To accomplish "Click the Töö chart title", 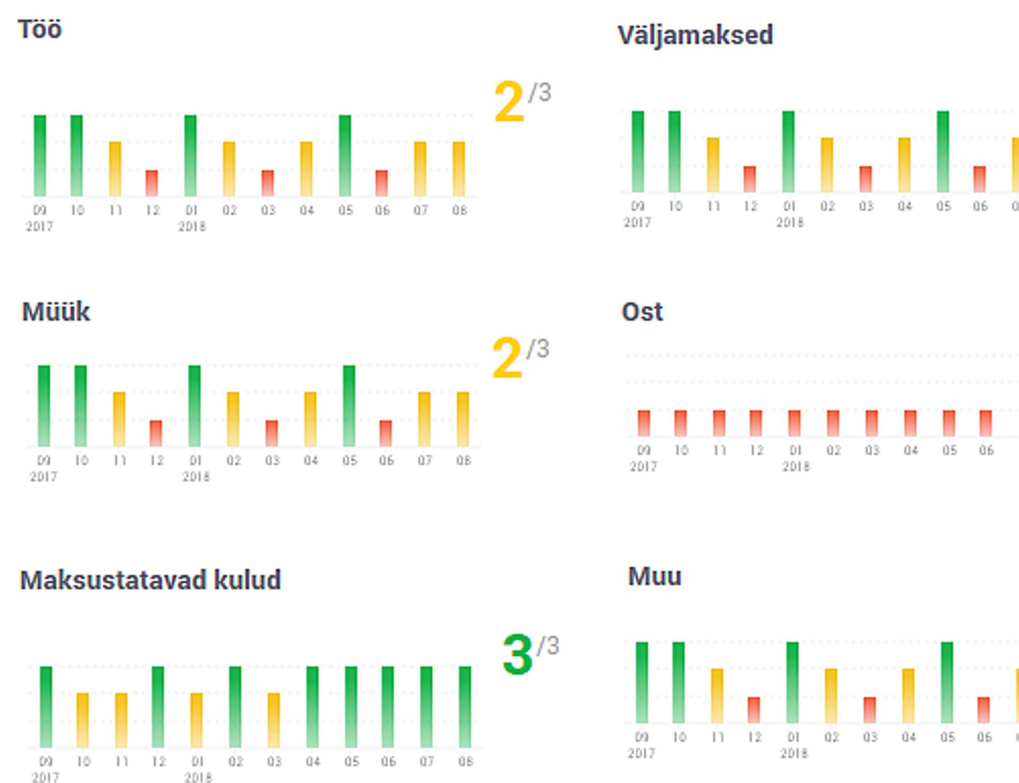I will (x=40, y=29).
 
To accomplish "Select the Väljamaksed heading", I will (x=695, y=36).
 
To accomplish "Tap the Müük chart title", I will (x=56, y=312).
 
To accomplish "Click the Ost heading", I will (x=642, y=312).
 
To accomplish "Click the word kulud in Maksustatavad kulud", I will (x=247, y=580).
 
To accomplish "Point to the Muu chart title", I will (x=654, y=577).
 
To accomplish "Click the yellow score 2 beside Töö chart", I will (x=508, y=102).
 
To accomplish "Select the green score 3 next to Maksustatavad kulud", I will (x=517, y=655).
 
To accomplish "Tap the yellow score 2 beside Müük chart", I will (x=507, y=359).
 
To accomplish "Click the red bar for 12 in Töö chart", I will (x=152, y=183).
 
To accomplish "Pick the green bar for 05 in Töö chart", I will (x=345, y=155).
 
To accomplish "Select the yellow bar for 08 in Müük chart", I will (x=463, y=419).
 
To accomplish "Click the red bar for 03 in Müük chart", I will (x=272, y=433).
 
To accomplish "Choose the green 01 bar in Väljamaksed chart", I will (x=789, y=151).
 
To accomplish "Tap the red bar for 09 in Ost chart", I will (x=644, y=423).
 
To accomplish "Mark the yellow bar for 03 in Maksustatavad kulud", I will (x=274, y=720).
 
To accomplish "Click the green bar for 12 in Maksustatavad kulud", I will (x=158, y=707).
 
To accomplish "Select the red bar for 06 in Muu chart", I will (x=983, y=710).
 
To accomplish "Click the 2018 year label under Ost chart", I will (x=796, y=467).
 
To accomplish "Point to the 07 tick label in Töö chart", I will (x=420, y=211).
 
